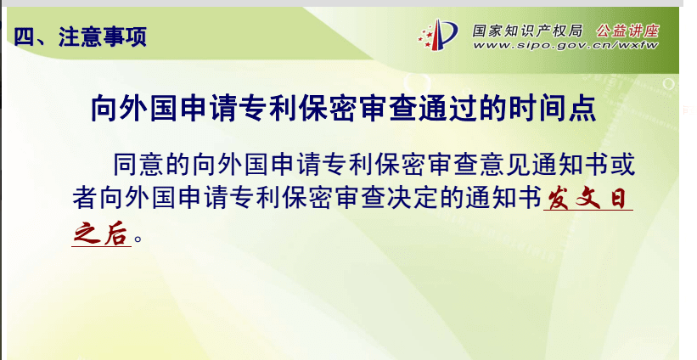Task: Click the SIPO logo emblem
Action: [438, 34]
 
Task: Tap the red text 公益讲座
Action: [627, 31]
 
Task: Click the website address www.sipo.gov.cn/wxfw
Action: [565, 45]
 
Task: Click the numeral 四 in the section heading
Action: [24, 37]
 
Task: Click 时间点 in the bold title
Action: [552, 108]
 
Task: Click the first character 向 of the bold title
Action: [105, 108]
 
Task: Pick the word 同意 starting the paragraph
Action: [138, 165]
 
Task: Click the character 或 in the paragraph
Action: [622, 165]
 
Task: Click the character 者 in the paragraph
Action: [85, 197]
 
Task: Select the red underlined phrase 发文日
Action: [587, 198]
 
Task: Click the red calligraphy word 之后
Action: [101, 233]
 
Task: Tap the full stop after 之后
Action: [138, 239]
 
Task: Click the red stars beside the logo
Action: [426, 37]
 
